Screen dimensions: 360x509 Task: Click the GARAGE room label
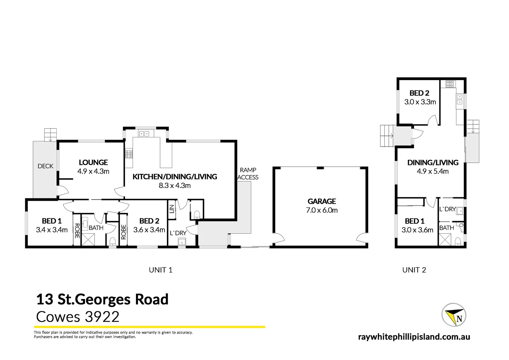[x=321, y=201]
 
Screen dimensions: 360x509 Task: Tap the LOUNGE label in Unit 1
[x=93, y=162]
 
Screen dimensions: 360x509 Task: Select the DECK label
[x=45, y=166]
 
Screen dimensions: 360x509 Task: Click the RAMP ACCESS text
[x=248, y=174]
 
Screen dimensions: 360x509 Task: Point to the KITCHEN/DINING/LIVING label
[x=175, y=177]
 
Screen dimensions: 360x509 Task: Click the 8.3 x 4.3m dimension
[x=175, y=186]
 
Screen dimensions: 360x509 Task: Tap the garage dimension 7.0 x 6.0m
[x=322, y=210]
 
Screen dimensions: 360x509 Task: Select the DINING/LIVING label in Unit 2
[x=433, y=163]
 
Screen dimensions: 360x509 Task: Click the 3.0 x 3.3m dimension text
[x=420, y=102]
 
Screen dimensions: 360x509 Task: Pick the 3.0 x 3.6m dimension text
[x=417, y=230]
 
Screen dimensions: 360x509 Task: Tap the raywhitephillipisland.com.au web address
[x=414, y=337]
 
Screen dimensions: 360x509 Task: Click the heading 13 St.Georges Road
[x=102, y=299]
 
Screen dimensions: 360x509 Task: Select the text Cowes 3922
[x=78, y=317]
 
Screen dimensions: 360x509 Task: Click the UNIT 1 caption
[x=161, y=270]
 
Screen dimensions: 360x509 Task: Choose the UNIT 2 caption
[x=414, y=270]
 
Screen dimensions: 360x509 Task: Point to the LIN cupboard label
[x=172, y=209]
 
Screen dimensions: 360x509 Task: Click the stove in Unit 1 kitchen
[x=129, y=154]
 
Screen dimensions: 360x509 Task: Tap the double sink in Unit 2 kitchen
[x=459, y=99]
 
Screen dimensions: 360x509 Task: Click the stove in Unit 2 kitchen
[x=450, y=84]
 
